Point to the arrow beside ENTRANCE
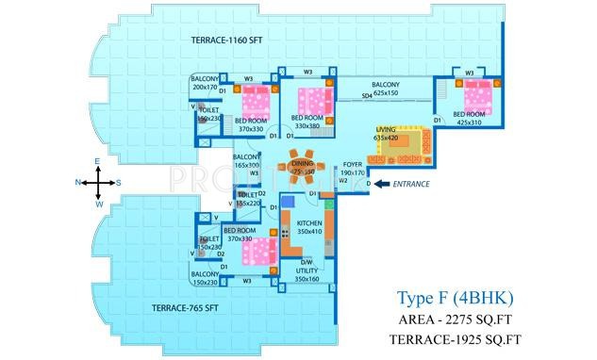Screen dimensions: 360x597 (381, 185)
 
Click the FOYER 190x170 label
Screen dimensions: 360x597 (353, 169)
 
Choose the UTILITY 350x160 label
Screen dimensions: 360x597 (307, 274)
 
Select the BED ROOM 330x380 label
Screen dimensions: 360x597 (308, 122)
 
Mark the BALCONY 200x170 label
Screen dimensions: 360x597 (205, 83)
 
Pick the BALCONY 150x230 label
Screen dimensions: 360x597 (205, 278)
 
